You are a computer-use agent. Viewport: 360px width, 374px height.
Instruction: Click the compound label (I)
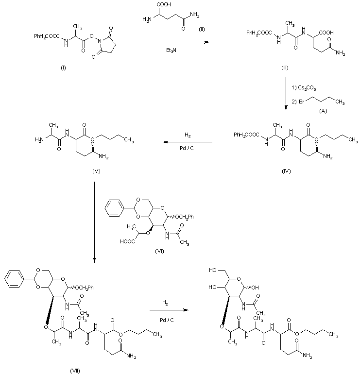(x=64, y=66)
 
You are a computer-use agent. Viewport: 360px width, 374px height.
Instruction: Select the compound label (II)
(x=202, y=30)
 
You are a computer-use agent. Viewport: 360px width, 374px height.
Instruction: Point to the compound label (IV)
(x=286, y=171)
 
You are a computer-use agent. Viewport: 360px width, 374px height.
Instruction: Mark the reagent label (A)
(x=322, y=111)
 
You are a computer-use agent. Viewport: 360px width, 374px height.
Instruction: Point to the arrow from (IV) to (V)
(x=187, y=142)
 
